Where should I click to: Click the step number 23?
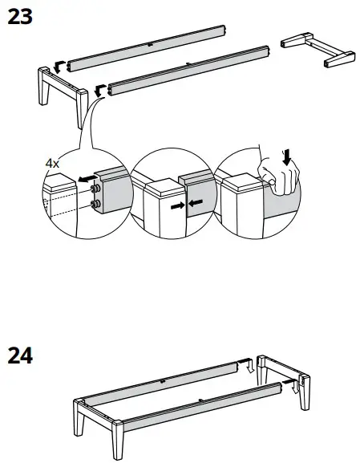(x=20, y=17)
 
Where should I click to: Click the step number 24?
(x=20, y=355)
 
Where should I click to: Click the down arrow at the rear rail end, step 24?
(x=250, y=367)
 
